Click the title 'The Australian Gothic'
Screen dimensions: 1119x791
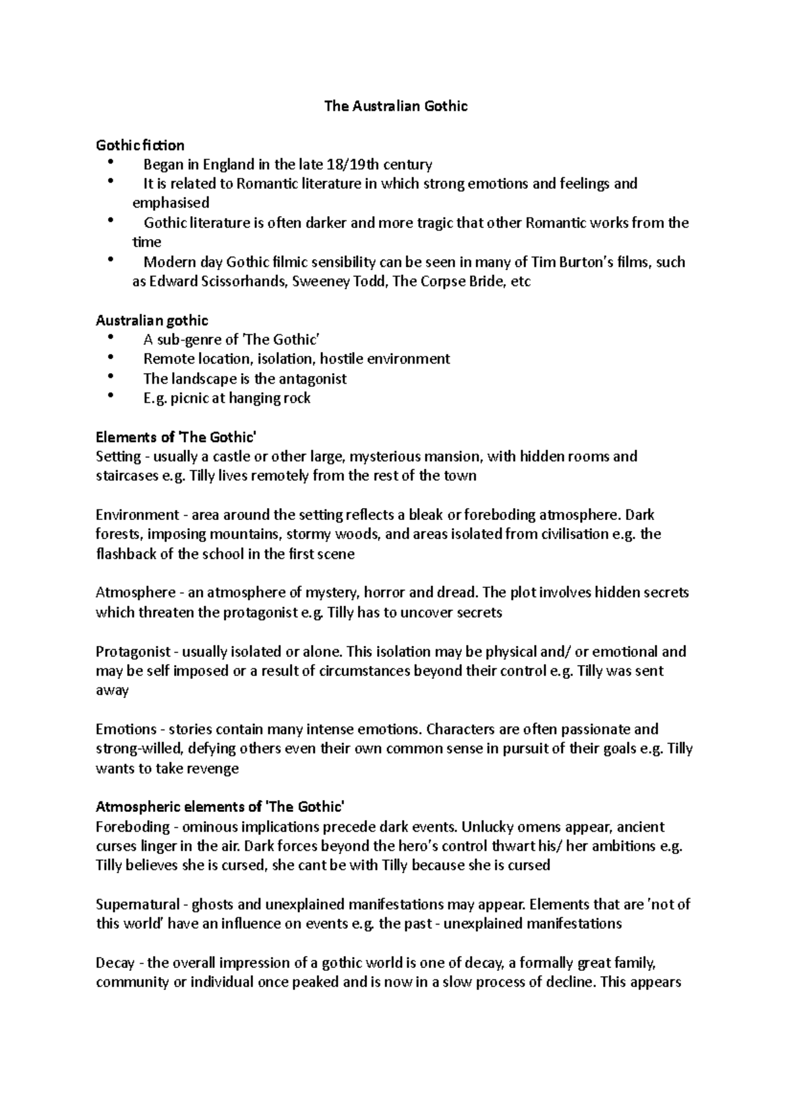click(x=395, y=106)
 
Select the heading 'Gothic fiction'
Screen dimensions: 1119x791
click(x=140, y=145)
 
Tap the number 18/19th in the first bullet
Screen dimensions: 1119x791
click(x=352, y=164)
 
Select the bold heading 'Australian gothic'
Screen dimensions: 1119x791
click(x=152, y=320)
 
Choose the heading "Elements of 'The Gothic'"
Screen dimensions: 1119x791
click(x=175, y=437)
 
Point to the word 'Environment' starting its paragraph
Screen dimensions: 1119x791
click(x=137, y=515)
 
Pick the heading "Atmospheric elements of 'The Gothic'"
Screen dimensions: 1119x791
click(x=220, y=807)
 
